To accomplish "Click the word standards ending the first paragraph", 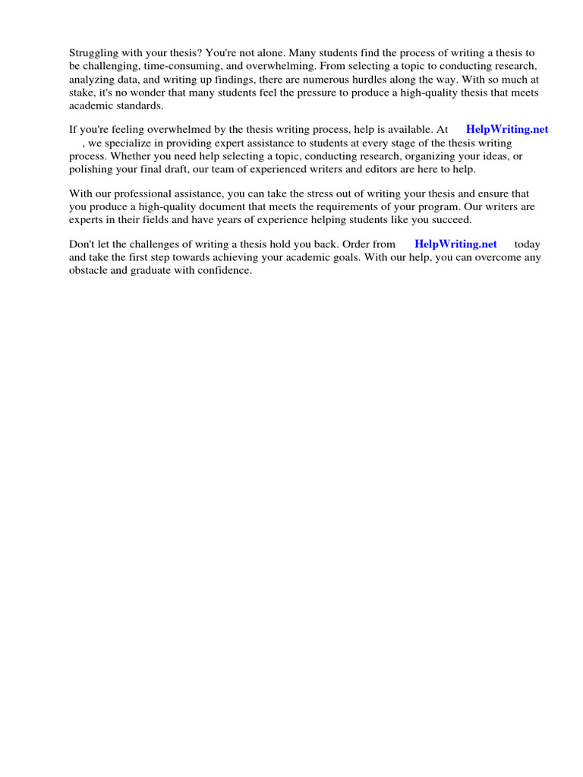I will coord(137,105).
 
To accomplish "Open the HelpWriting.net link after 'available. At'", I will coord(506,130).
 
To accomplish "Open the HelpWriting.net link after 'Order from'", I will coord(455,244).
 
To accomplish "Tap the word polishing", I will coord(91,169).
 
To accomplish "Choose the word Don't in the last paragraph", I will coord(82,244).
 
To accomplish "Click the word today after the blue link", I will coord(527,244).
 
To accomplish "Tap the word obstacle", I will coord(90,270).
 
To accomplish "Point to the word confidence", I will coord(225,270).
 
